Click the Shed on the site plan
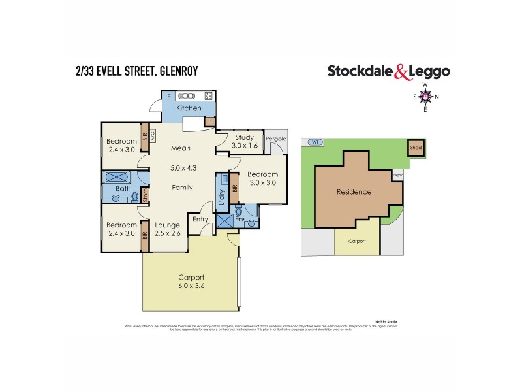tap(416, 148)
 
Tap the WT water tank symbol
tap(315, 142)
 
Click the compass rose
tap(425, 97)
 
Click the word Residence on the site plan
tap(354, 192)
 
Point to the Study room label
tap(244, 137)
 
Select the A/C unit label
tap(153, 139)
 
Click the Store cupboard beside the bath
tap(145, 194)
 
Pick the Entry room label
tap(200, 221)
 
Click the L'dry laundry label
tap(222, 199)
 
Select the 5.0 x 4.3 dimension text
tap(182, 168)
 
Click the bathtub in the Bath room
tap(118, 176)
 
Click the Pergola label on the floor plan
tap(274, 139)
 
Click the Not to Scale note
tap(386, 321)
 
